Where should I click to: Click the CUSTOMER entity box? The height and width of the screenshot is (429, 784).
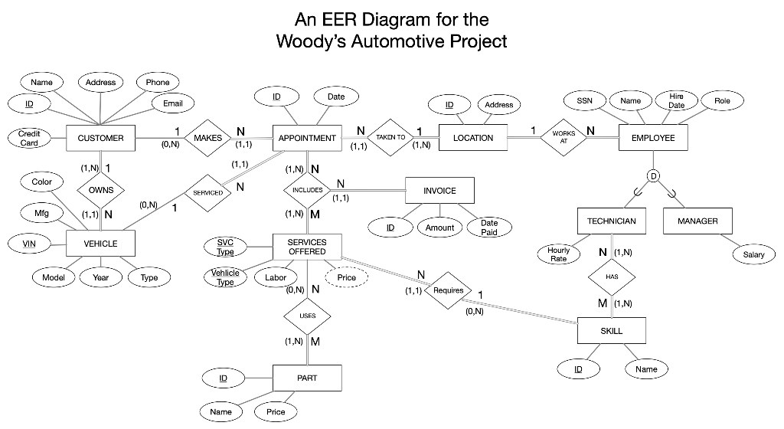100,138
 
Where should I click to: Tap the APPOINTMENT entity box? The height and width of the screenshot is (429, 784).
307,138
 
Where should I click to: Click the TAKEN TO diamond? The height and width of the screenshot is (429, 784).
390,138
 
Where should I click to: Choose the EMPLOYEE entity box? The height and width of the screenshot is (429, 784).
653,138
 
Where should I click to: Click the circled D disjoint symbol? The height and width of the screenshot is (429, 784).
653,175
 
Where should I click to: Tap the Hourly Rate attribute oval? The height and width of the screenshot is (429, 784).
559,254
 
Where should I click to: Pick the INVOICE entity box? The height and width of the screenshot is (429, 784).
439,191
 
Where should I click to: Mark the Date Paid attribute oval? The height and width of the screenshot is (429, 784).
488,228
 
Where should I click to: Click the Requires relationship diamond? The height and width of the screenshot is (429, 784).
448,291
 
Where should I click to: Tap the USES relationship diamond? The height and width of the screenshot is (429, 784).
307,315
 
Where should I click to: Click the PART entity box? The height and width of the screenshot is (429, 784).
307,378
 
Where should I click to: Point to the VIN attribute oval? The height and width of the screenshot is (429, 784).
29,244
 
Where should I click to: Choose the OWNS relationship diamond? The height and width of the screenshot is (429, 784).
100,190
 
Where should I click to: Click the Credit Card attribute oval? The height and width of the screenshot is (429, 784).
29,139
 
